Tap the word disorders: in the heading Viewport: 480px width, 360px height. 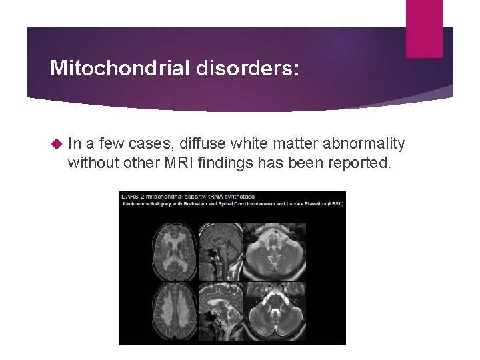click(x=247, y=68)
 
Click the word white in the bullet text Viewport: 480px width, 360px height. click(x=243, y=143)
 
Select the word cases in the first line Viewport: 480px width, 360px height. click(x=153, y=143)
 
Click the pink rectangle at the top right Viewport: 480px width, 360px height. click(x=424, y=28)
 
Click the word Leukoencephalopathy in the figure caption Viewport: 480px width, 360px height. click(x=144, y=204)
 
